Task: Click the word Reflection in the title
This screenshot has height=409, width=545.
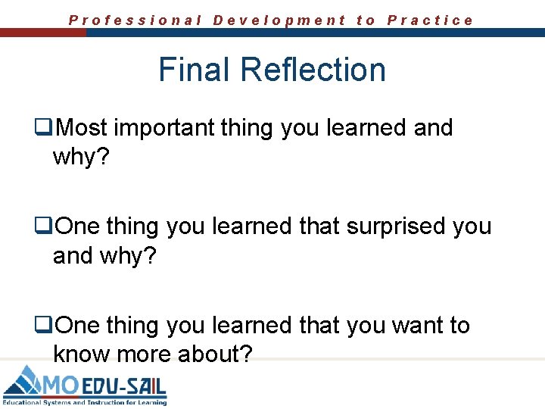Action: tap(313, 70)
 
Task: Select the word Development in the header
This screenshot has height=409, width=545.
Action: tap(279, 20)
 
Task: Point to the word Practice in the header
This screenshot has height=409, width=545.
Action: tap(430, 20)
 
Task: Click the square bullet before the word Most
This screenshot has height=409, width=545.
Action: tap(46, 128)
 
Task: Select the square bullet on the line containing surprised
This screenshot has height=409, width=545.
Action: tap(46, 226)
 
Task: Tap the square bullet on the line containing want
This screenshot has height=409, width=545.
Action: tap(46, 326)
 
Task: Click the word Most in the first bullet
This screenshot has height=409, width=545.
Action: tap(82, 128)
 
